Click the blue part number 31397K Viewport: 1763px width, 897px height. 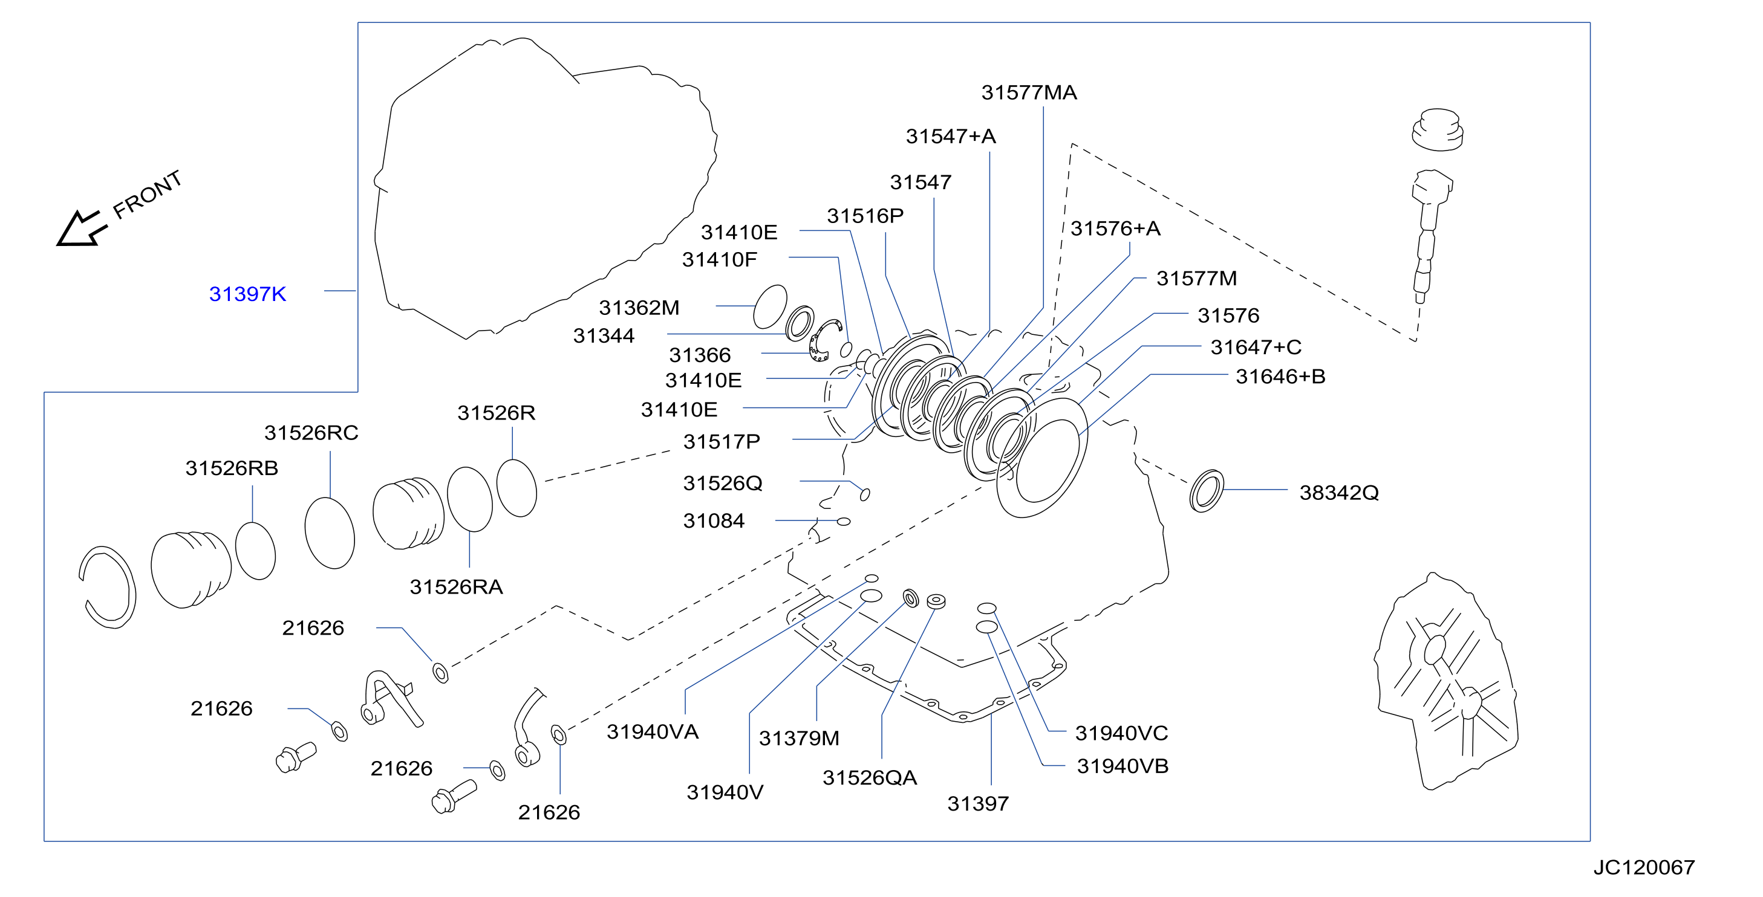pos(247,294)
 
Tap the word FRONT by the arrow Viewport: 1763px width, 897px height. pos(148,195)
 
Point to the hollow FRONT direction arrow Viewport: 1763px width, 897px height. pos(82,228)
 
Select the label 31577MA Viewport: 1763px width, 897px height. pos(1029,92)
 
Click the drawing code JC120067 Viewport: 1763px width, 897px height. pos(1644,867)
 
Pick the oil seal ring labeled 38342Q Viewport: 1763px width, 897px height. pos(1207,491)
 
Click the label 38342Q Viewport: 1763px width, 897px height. pos(1338,493)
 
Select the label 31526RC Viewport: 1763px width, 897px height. pos(311,432)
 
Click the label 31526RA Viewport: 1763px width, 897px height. pos(457,586)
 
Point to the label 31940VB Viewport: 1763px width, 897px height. pos(1123,766)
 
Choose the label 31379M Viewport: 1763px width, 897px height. pos(799,738)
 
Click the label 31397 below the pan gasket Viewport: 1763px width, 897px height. pos(978,803)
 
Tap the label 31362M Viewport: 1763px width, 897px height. pos(639,308)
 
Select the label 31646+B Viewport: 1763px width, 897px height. pos(1280,377)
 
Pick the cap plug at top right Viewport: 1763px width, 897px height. pos(1437,130)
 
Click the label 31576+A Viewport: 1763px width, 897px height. pos(1116,228)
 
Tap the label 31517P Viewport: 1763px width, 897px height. pos(722,441)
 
